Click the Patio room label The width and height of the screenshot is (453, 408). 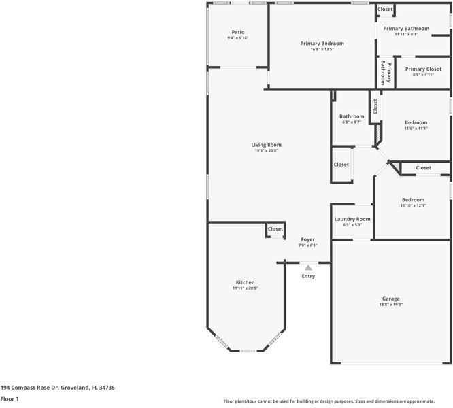[x=237, y=32]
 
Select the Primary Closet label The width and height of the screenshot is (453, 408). [x=423, y=69]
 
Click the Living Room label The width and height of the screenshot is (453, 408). [x=266, y=144]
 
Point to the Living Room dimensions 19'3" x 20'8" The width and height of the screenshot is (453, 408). [x=266, y=150]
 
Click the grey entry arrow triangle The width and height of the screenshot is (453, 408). [x=308, y=268]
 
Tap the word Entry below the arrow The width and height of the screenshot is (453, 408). [x=308, y=276]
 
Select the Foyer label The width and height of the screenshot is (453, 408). [x=308, y=239]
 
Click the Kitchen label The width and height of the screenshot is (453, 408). [x=245, y=282]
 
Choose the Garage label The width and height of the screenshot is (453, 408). [x=390, y=299]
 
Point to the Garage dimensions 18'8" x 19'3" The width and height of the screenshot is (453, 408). [x=390, y=305]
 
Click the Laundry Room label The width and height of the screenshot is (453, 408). [x=352, y=219]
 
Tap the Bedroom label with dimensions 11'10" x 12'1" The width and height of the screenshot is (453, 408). [x=413, y=199]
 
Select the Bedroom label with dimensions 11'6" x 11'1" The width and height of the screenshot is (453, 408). [x=416, y=122]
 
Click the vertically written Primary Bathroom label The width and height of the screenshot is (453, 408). [x=386, y=72]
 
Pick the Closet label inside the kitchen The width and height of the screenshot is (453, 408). [x=275, y=229]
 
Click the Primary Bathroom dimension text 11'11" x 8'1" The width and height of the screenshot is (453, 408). [x=406, y=34]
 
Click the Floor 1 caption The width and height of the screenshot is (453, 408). [x=10, y=399]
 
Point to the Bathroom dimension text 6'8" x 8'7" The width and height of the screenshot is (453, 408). [x=352, y=122]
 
